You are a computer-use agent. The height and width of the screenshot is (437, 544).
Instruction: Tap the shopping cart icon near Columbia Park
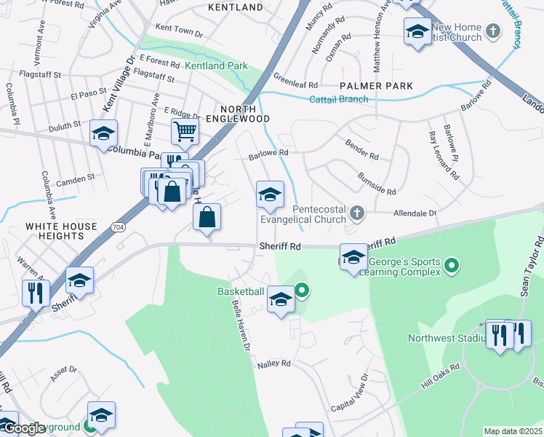(x=185, y=132)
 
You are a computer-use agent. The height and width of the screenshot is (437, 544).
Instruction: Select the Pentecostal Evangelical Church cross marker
(x=356, y=213)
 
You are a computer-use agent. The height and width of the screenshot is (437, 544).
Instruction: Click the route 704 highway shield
(x=119, y=228)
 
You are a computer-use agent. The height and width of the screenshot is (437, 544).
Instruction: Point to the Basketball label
(x=241, y=291)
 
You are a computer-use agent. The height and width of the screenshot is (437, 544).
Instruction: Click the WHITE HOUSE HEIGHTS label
(x=61, y=232)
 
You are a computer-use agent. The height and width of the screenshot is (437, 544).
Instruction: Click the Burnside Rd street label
(x=377, y=184)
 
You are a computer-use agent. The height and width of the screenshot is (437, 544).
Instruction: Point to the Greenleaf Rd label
(x=295, y=79)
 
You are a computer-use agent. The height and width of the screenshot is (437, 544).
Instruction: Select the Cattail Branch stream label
(x=339, y=100)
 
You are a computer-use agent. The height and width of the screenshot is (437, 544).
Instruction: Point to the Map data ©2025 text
(x=513, y=431)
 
